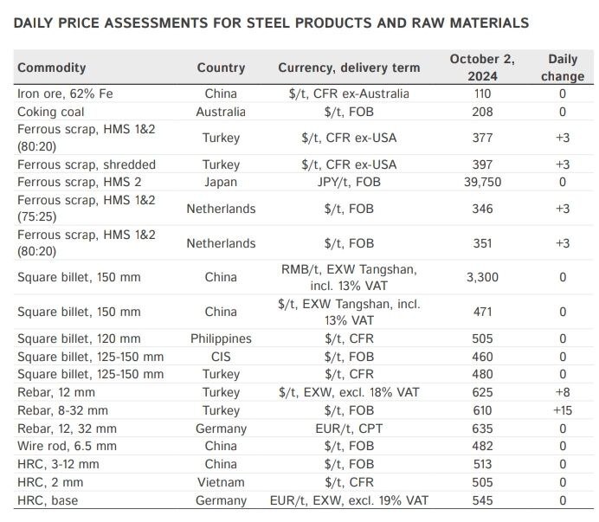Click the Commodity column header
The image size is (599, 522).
[52, 68]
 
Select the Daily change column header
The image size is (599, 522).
[563, 68]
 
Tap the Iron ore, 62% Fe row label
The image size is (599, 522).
[64, 93]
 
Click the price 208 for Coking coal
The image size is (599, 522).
[482, 112]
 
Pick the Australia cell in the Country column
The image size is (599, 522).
[221, 112]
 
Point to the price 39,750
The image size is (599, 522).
[482, 182]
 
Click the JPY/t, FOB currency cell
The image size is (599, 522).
[349, 182]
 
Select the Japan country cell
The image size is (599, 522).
[221, 182]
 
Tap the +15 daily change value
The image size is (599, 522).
[563, 409]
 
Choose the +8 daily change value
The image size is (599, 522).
[563, 392]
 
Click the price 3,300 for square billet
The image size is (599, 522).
[482, 277]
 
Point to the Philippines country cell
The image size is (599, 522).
[221, 338]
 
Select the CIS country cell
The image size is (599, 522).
[221, 357]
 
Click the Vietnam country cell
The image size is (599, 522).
[221, 482]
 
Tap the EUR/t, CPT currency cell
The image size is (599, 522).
[349, 428]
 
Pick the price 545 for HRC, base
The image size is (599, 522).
[482, 500]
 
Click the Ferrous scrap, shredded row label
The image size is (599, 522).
[87, 164]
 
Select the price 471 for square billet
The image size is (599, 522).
[482, 312]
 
